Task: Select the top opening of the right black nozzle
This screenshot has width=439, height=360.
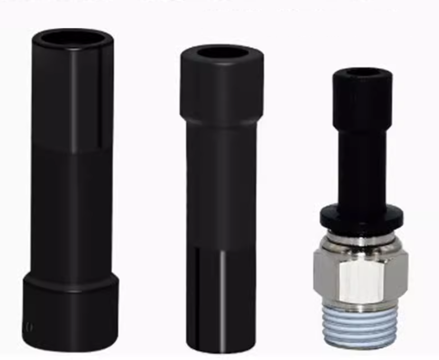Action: [x=362, y=74]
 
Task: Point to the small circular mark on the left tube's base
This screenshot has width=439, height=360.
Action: [x=29, y=327]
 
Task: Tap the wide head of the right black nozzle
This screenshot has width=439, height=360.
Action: [x=362, y=97]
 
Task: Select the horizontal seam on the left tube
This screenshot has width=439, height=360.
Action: [x=71, y=148]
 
